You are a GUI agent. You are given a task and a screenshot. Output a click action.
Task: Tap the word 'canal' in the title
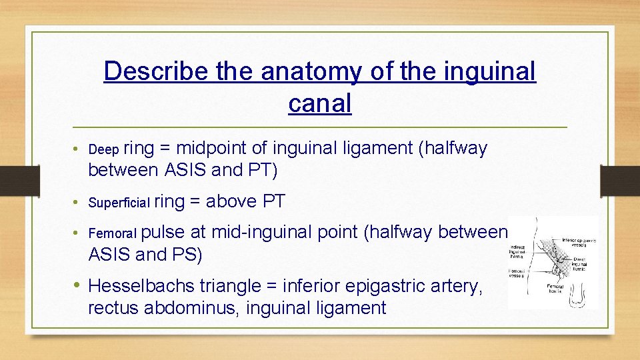pyautogui.click(x=319, y=103)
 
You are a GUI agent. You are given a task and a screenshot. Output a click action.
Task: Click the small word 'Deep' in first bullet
pyautogui.click(x=103, y=149)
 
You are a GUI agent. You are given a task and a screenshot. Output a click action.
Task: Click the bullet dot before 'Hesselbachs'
pyautogui.click(x=78, y=285)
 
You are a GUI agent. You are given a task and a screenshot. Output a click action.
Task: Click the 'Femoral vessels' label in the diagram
pyautogui.click(x=518, y=274)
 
